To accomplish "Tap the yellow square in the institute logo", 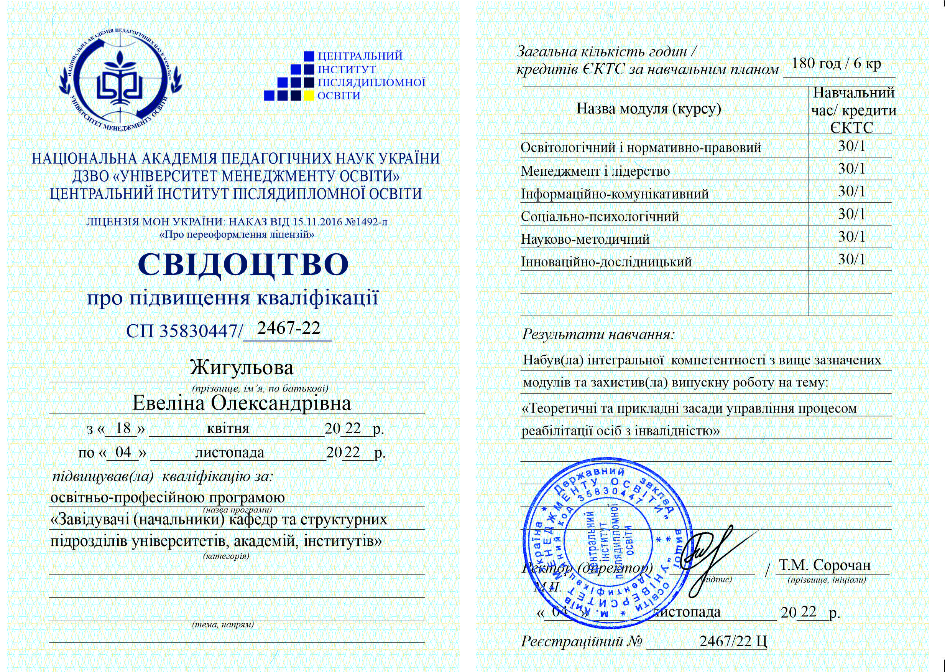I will (x=309, y=96).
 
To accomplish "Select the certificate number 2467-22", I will (x=289, y=328).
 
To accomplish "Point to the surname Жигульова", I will (x=242, y=367).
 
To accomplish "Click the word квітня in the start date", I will (x=228, y=428).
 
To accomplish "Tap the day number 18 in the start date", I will (x=123, y=428).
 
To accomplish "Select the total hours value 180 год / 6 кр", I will (x=836, y=63).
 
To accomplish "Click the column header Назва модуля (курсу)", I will (x=649, y=109).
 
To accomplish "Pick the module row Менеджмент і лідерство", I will (x=595, y=171).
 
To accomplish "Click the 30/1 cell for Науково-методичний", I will (x=851, y=237).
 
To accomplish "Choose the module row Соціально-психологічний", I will (x=600, y=216).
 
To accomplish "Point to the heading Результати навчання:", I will (x=598, y=334).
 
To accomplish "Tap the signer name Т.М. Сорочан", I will (x=825, y=565).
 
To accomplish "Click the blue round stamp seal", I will (x=608, y=542).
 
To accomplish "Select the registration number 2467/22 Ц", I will (x=733, y=641).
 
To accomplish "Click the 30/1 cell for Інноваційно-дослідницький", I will (x=851, y=259).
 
